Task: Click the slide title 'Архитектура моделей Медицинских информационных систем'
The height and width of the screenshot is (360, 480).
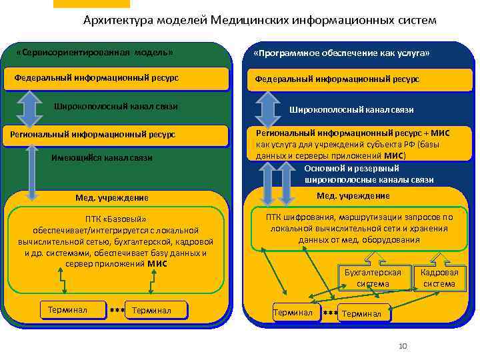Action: pos(260,20)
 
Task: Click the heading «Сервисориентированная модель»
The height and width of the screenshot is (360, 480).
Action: pos(94,52)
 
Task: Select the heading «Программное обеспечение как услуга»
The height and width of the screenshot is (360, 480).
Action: pos(341,53)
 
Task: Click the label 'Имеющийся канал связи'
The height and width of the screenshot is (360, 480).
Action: pos(101,158)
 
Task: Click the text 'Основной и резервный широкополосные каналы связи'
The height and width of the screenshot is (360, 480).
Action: pos(369,175)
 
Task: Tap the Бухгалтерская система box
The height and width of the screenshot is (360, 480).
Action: pos(373,278)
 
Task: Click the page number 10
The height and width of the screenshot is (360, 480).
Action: pos(402,345)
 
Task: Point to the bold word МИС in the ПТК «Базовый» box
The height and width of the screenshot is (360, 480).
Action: pos(157,263)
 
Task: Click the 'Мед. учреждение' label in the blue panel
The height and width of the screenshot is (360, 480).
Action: pos(353,195)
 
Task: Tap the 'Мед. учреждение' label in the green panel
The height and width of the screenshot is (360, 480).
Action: pos(112,198)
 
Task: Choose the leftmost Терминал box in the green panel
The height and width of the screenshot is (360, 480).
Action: pos(73,309)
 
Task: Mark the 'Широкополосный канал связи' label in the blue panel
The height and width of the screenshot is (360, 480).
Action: pos(351,109)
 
